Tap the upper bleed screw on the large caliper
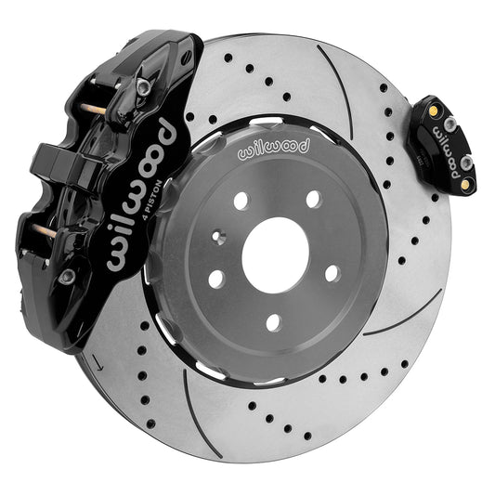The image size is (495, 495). point(143,85)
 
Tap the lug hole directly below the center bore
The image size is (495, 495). point(273,322)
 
